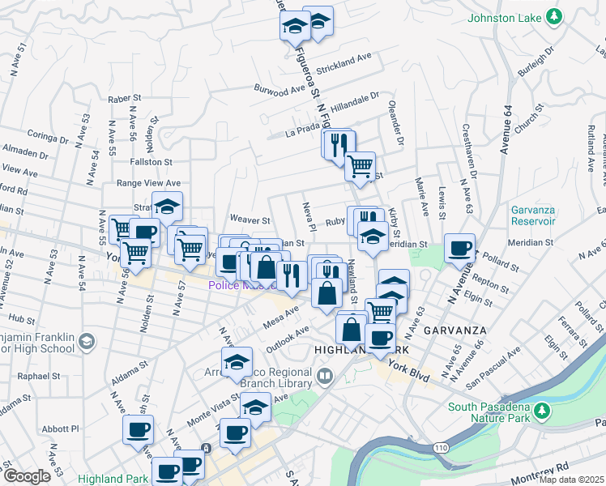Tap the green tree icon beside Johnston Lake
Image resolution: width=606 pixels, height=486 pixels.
[554, 16]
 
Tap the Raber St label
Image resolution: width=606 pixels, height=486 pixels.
[124, 98]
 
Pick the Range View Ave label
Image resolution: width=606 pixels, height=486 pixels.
[148, 184]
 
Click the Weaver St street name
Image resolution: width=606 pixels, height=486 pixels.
[250, 220]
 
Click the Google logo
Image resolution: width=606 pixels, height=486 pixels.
[27, 476]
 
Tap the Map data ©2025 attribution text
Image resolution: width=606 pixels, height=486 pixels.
[571, 480]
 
